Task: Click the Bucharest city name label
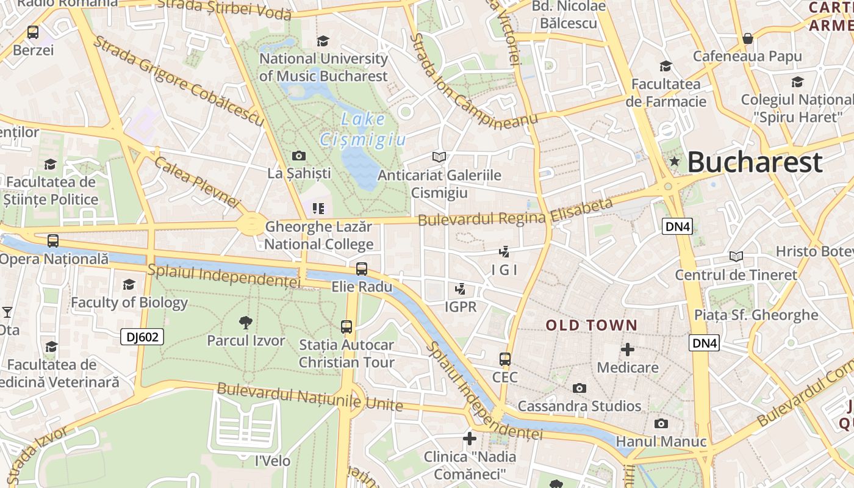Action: (755, 162)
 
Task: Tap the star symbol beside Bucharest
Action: (674, 162)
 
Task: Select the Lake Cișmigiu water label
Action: (362, 129)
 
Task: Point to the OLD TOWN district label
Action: (591, 325)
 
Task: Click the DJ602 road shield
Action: (142, 337)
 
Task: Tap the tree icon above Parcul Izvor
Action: (245, 322)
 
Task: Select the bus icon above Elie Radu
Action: (362, 268)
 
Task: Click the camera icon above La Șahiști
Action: (299, 156)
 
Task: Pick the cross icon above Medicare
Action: (627, 350)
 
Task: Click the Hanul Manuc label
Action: (661, 441)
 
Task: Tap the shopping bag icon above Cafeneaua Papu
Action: (748, 38)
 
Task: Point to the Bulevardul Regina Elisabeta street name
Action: (515, 212)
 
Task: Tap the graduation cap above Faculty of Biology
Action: (129, 284)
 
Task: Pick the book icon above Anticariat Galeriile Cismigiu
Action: (439, 157)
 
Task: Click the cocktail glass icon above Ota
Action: (7, 312)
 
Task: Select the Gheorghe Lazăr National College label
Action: (318, 236)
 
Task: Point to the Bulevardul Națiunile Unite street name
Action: (310, 396)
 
